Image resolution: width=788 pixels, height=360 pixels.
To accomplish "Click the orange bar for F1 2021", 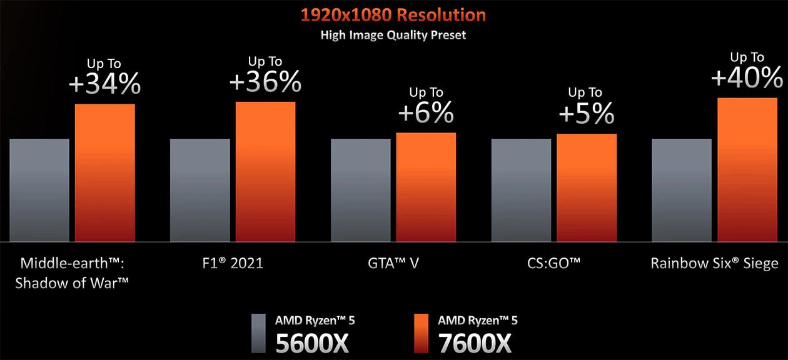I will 265,171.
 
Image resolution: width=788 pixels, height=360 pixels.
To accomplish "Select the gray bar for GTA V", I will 360,190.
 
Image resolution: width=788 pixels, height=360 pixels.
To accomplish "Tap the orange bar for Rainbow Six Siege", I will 747,169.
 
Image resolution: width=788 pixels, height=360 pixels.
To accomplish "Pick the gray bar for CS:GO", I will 521,190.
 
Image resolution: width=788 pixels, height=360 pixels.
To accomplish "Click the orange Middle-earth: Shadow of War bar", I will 105,172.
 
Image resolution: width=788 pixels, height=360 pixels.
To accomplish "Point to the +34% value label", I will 105,84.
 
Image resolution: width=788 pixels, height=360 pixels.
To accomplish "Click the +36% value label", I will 265,82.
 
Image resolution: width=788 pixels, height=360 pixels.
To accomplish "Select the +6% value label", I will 425,112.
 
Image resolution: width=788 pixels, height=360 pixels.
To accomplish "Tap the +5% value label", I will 586,114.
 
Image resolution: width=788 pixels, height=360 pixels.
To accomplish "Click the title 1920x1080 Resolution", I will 393,15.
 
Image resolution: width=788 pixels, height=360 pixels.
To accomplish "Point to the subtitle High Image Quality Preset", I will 393,36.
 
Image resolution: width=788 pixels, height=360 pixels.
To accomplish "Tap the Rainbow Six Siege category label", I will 714,263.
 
